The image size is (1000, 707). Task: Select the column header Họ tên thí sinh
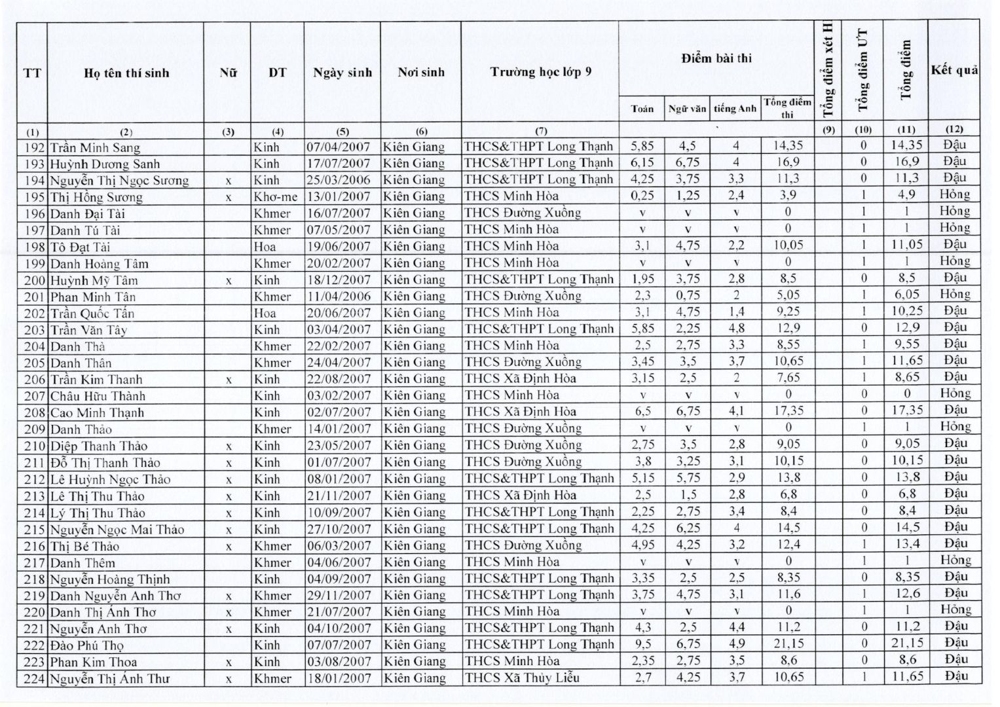(x=126, y=73)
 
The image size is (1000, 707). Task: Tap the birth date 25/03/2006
(x=339, y=180)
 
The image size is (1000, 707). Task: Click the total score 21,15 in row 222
(x=906, y=644)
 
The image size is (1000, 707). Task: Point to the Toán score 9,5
(x=642, y=644)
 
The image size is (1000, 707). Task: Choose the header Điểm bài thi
(x=716, y=58)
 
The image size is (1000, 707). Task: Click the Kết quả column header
(x=954, y=71)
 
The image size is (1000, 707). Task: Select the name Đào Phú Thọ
(x=87, y=645)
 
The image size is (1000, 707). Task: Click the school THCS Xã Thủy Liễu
(x=522, y=678)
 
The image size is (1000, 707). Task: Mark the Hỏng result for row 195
(x=954, y=194)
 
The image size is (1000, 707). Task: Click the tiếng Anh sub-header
(x=735, y=109)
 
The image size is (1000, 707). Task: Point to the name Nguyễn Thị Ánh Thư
(x=110, y=679)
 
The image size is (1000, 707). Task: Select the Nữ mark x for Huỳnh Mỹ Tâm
(x=228, y=281)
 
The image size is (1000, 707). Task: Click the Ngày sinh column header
(x=342, y=73)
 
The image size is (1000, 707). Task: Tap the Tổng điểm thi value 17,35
(x=788, y=411)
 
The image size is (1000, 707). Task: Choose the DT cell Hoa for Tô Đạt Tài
(x=265, y=247)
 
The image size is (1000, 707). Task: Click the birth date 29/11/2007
(x=339, y=595)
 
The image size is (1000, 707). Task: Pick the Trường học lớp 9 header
(x=540, y=72)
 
